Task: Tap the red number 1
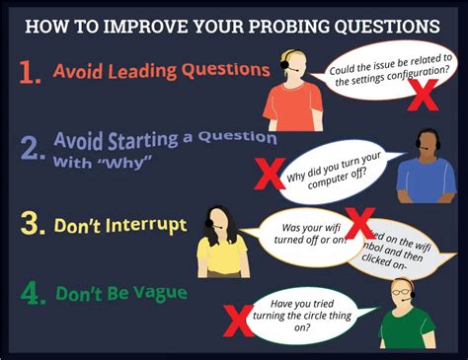[30, 71]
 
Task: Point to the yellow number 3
[31, 226]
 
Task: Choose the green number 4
[31, 293]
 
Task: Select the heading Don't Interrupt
[120, 226]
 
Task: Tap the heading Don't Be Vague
[121, 293]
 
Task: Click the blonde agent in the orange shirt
[294, 89]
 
